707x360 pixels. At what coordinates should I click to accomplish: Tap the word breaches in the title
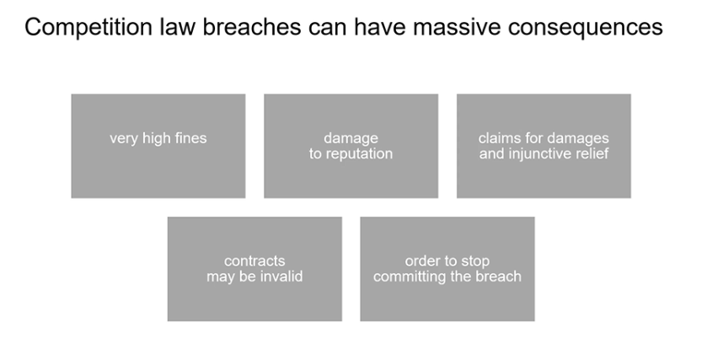tap(252, 27)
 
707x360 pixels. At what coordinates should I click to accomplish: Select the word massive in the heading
tap(457, 27)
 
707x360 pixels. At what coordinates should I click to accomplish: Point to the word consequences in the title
tap(586, 28)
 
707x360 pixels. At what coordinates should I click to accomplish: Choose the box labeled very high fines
tap(158, 146)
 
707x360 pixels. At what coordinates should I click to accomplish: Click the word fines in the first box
tap(190, 138)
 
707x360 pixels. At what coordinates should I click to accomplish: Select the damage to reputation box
tap(351, 146)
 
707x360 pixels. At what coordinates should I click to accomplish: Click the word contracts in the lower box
tap(254, 261)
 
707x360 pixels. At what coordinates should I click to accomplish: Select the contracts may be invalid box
tap(254, 269)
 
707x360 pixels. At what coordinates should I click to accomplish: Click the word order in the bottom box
tap(421, 261)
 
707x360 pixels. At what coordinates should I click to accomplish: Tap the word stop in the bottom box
tap(474, 261)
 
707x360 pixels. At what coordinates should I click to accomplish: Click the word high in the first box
tap(157, 138)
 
